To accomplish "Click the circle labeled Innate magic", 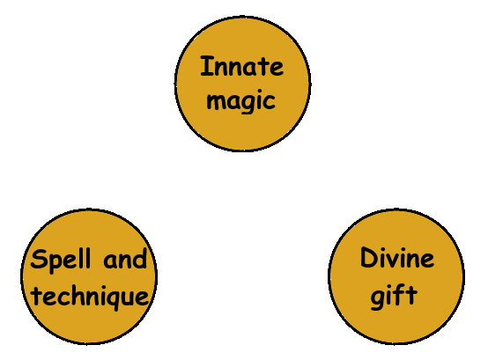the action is (x=242, y=84).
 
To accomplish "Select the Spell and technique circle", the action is (x=89, y=276).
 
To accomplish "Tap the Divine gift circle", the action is (x=396, y=276).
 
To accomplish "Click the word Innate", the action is (x=242, y=66).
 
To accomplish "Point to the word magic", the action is (x=241, y=101).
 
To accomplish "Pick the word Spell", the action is (x=61, y=261).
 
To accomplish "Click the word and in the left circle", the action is (x=125, y=259).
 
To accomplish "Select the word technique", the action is (x=91, y=297).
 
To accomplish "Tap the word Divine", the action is (x=397, y=258).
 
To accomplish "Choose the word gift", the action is (x=394, y=296).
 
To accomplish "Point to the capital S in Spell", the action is (x=39, y=259).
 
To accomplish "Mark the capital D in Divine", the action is (x=368, y=258).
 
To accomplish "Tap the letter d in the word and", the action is (x=140, y=259).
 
